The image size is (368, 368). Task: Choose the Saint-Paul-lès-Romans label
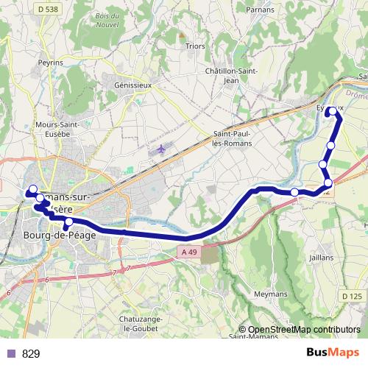[232, 138]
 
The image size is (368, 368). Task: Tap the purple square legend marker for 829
[10, 353]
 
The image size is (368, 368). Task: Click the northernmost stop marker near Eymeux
[332, 111]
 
